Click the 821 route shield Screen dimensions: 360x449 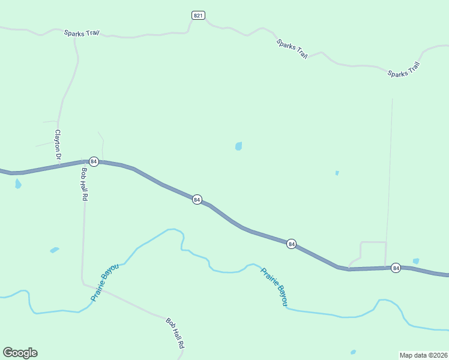click(199, 15)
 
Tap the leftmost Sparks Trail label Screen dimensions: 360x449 click(82, 32)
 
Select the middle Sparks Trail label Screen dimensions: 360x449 click(292, 49)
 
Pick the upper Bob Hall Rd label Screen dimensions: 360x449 click(84, 184)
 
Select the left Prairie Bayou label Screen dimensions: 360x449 click(105, 282)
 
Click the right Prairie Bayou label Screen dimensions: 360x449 click(274, 287)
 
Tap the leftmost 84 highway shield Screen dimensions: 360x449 click(94, 161)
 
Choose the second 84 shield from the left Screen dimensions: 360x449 click(197, 199)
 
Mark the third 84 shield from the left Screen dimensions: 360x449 click(291, 244)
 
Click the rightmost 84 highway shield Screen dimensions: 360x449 click(396, 268)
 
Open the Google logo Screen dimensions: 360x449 click(20, 353)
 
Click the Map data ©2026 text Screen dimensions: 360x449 click(423, 355)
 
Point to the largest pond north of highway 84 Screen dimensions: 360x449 click(239, 146)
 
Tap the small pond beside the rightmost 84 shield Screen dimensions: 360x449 click(416, 261)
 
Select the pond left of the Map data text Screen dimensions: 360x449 click(353, 352)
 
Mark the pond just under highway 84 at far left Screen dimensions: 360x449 click(18, 184)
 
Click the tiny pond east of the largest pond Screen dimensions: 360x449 click(337, 173)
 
